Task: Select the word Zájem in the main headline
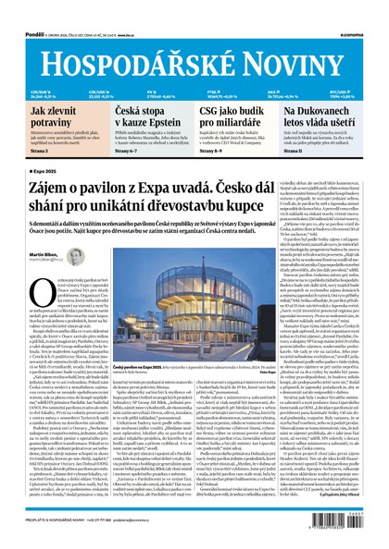point(48,189)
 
